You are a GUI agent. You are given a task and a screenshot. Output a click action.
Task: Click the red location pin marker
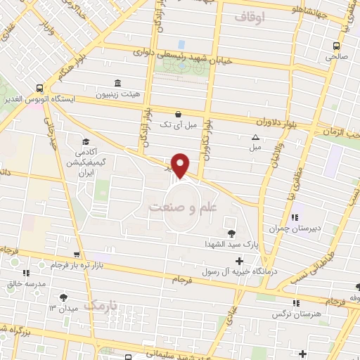click(181, 165)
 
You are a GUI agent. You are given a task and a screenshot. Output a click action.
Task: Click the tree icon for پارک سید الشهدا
click(232, 233)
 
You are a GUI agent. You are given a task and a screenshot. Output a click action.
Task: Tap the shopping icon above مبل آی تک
click(178, 113)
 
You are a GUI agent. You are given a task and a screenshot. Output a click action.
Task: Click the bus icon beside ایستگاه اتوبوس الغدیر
click(39, 89)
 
